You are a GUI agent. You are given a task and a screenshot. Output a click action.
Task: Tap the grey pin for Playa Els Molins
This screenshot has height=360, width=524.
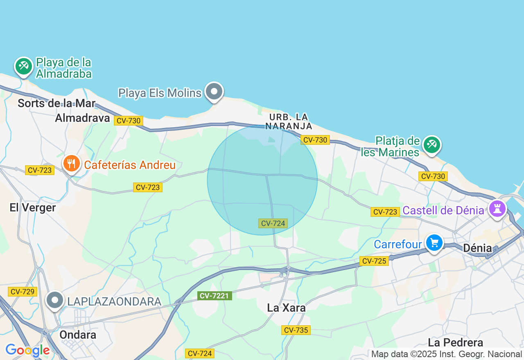[x=214, y=91]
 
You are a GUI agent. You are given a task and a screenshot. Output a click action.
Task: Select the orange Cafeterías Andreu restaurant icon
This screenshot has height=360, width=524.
[x=72, y=164]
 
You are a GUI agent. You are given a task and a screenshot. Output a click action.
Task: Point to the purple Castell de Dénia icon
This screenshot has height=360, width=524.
[x=497, y=208]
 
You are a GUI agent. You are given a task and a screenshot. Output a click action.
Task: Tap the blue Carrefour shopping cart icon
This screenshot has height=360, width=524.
[x=434, y=243]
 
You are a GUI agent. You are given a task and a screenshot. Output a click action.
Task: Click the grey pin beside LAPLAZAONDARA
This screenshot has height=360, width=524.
[x=54, y=300]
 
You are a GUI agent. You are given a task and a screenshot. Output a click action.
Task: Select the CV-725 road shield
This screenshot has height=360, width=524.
[x=374, y=261]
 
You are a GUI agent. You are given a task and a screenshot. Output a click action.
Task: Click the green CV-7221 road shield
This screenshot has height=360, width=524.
[x=215, y=295]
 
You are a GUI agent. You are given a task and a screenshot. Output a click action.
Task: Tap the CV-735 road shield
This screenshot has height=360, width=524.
[x=296, y=330]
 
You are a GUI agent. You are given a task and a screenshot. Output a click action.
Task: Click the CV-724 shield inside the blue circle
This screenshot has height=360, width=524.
[x=273, y=223]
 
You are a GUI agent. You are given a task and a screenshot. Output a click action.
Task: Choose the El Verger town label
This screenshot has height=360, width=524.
[x=33, y=207]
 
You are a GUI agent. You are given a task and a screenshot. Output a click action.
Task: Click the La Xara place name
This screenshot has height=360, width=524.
[x=286, y=308]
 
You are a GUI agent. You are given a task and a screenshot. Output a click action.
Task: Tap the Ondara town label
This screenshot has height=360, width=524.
[x=78, y=335]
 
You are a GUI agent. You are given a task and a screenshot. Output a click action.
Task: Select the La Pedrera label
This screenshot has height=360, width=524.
[x=456, y=342]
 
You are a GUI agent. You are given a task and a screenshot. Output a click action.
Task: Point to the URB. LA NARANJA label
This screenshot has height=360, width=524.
[x=289, y=122]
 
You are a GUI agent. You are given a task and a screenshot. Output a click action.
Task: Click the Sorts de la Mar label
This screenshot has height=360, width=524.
[x=56, y=103]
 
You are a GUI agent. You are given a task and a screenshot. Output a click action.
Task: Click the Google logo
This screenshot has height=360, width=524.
[x=27, y=350]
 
